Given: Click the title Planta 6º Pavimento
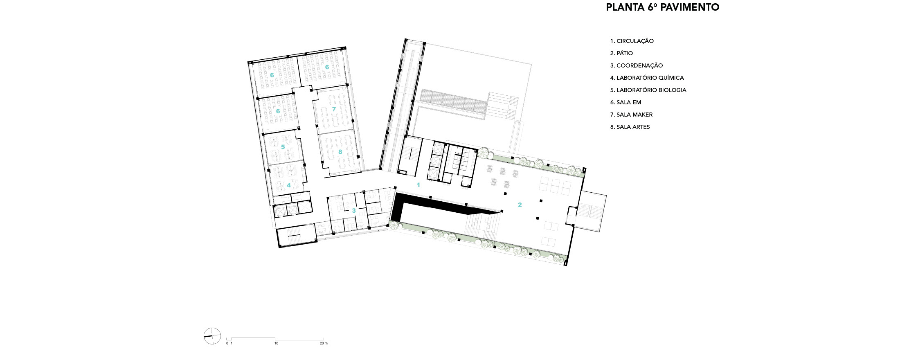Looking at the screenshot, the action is point(662,7).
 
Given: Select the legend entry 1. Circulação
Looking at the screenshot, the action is point(632,41).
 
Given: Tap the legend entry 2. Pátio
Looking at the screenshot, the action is point(621,53).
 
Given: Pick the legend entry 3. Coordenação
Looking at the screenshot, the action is point(637,65).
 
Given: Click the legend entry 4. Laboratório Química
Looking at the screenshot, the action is point(647,78).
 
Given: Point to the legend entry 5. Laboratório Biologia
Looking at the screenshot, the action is point(648,90).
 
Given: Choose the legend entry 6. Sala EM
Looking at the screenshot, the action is point(625,102).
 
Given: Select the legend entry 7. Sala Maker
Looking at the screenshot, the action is point(631,115).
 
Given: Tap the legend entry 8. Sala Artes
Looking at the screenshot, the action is point(630,127).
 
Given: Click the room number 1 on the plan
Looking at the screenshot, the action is point(418,185).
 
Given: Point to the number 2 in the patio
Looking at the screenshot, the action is point(520,205).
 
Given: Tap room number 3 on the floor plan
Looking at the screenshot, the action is point(354,211).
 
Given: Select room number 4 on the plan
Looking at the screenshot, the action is point(288,185).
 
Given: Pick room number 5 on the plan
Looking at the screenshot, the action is point(283,147).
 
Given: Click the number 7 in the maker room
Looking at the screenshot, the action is point(334,109).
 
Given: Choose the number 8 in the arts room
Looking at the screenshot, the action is point(340,152).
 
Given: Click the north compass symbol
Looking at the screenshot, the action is point(212,336).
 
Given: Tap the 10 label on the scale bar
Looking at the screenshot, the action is point(276,343).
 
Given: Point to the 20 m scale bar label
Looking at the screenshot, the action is point(323,343).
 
